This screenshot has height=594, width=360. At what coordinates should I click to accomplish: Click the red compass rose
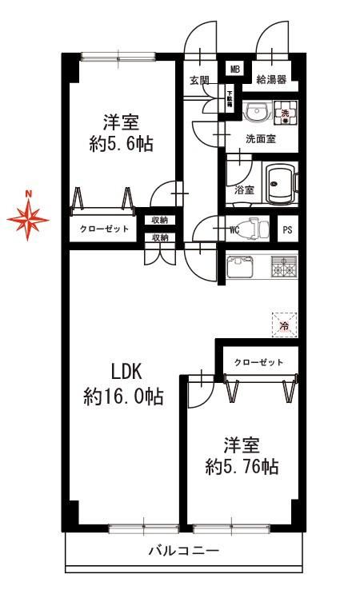tap(28, 219)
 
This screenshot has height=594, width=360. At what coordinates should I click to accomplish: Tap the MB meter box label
tap(235, 70)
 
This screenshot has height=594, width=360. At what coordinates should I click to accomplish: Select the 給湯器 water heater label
tap(271, 80)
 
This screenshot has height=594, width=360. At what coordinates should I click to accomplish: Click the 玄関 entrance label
tap(199, 80)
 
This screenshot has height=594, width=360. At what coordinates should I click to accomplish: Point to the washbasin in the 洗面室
tap(257, 112)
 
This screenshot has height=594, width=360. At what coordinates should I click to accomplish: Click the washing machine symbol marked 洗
tap(285, 113)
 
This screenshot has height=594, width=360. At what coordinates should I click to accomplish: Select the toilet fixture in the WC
tap(254, 229)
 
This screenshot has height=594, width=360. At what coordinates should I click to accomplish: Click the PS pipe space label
tap(287, 229)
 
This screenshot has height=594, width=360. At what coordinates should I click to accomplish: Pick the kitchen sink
tap(240, 267)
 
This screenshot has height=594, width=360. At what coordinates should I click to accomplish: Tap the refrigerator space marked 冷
tap(284, 325)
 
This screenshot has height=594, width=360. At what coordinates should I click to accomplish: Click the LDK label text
tap(126, 372)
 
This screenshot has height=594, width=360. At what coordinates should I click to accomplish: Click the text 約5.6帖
tap(122, 144)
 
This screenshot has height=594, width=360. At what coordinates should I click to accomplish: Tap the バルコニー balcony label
tap(183, 550)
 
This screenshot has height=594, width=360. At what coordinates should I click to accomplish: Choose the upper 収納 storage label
tap(160, 220)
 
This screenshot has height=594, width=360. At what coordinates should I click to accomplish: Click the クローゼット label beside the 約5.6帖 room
tap(104, 229)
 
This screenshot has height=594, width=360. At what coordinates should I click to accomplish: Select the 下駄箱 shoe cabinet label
tap(230, 100)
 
